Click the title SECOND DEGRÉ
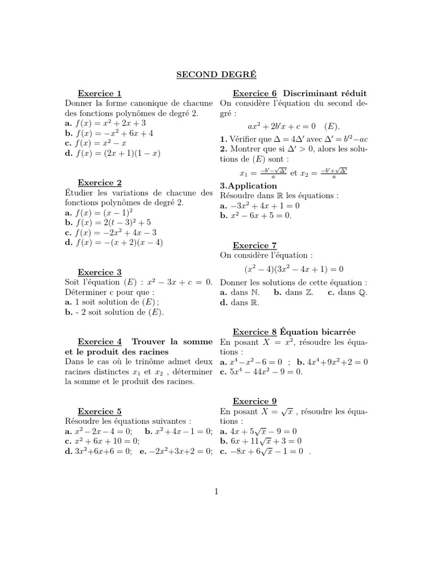[x=216, y=74]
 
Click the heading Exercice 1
[x=99, y=94]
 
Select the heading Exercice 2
[x=99, y=183]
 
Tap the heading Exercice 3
[x=99, y=272]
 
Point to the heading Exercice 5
[x=99, y=411]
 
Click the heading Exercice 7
[x=255, y=246]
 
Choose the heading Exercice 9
[x=255, y=401]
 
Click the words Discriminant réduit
[x=325, y=94]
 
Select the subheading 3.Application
[x=249, y=186]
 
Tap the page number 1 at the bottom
[x=216, y=492]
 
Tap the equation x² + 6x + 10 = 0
[x=105, y=441]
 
